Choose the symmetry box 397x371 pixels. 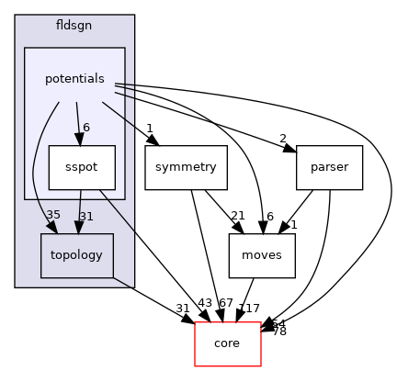[186, 168]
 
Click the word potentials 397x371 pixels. [74, 79]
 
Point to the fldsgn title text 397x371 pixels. [74, 28]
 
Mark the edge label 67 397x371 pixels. [225, 303]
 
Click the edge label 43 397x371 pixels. [205, 303]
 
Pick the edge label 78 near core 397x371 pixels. [279, 331]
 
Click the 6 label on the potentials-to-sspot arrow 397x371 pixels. [85, 128]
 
